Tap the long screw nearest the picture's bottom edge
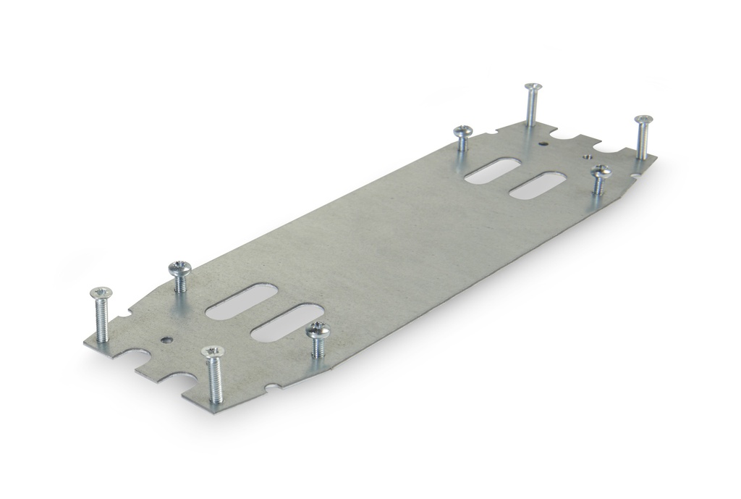coord(213,373)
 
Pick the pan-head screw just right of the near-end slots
coord(318,339)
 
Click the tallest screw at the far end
coord(533,104)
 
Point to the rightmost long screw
coord(643,135)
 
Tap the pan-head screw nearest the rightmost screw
coord(600,179)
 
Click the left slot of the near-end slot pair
coord(240,301)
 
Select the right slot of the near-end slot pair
coord(287,322)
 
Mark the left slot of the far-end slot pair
coord(491,171)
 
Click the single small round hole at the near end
coord(168,338)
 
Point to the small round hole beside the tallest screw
coord(543,143)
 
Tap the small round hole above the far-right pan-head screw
coord(588,155)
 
